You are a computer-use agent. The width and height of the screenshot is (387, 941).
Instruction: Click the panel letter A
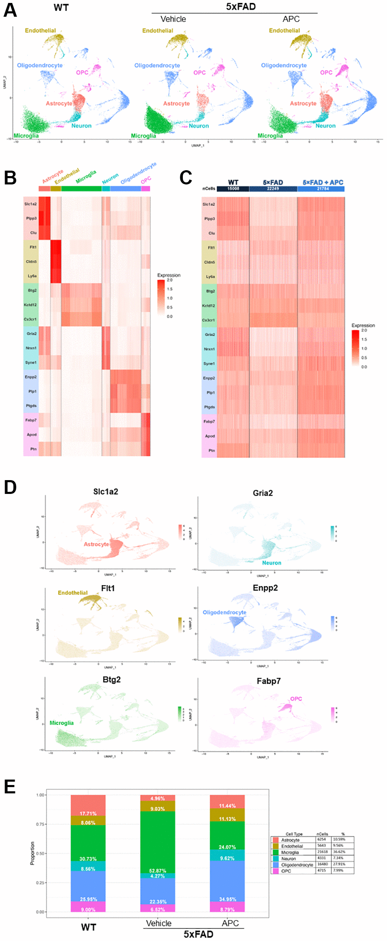10,10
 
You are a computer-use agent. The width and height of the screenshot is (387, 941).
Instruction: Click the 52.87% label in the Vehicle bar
157,871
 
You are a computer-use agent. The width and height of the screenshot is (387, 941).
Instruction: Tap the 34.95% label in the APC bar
227,899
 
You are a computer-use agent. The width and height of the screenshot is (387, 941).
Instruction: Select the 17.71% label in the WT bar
88,813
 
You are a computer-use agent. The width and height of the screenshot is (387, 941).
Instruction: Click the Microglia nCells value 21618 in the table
322,852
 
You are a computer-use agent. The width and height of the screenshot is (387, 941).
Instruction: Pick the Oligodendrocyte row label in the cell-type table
297,864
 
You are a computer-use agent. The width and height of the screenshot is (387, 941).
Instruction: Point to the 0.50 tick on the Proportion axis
40,853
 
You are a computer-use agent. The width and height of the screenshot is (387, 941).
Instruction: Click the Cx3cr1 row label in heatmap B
30,319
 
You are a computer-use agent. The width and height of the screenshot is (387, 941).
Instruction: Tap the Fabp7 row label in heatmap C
209,421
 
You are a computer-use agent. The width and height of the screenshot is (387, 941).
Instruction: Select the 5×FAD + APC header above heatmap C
323,182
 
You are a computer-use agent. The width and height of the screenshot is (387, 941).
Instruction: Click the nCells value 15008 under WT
233,189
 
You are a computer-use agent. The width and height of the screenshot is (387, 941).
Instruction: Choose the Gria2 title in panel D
263,493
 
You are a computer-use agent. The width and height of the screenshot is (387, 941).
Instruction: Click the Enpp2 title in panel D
265,588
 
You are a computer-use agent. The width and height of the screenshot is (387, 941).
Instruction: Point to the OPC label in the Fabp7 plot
296,699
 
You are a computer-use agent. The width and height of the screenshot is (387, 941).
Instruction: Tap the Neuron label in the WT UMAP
81,125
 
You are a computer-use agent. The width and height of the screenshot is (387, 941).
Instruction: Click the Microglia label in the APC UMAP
270,136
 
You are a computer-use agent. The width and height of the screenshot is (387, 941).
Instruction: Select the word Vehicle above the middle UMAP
173,19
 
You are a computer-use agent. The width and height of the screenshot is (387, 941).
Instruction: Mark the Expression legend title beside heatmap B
169,275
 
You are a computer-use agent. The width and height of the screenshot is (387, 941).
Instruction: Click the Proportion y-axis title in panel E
32,853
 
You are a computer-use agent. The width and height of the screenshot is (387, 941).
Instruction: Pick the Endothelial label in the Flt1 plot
72,593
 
